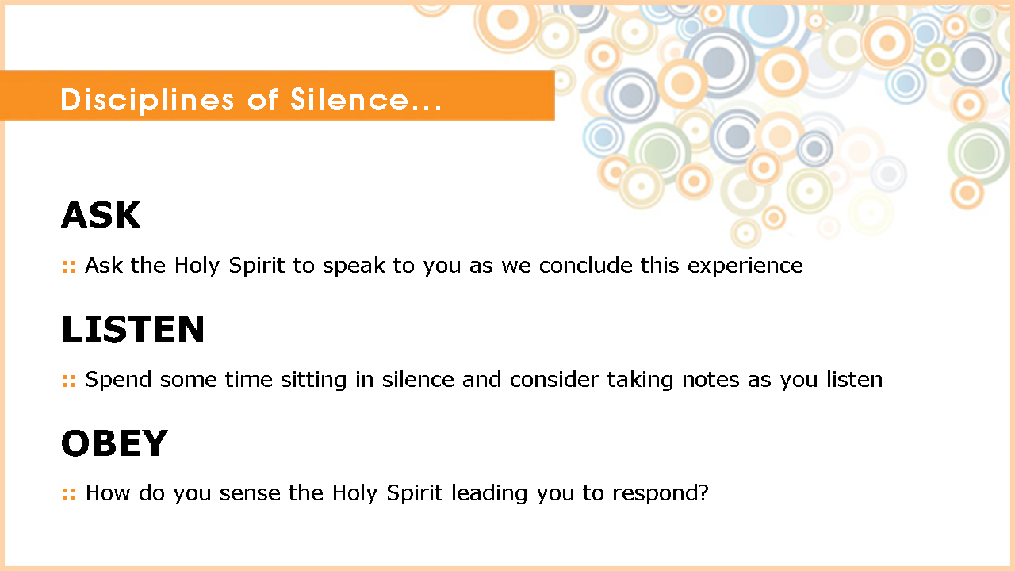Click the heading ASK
(x=101, y=215)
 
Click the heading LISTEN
(x=132, y=329)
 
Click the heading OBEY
(x=115, y=443)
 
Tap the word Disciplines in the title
(x=147, y=100)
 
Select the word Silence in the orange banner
(x=350, y=99)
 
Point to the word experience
(x=745, y=266)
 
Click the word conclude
(x=585, y=265)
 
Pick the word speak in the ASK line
(x=354, y=266)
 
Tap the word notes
(x=710, y=380)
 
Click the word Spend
(x=118, y=380)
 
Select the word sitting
(x=313, y=380)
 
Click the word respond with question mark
(x=661, y=493)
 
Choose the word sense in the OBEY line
(x=250, y=493)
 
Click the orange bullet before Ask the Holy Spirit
(x=69, y=266)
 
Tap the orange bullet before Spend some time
(x=69, y=381)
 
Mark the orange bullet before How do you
(x=69, y=494)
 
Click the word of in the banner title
(x=262, y=99)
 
